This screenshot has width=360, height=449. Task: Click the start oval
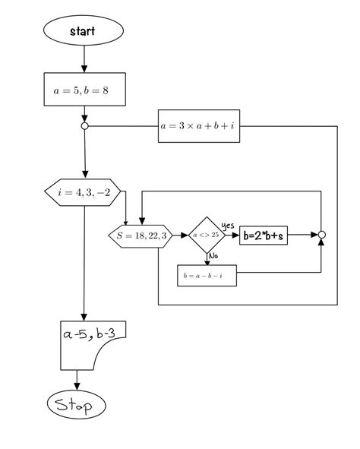84,31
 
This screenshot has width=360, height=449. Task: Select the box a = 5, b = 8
84,89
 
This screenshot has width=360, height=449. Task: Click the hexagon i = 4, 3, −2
84,192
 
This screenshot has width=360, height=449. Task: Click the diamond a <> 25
204,236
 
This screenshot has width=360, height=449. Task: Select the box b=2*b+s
264,236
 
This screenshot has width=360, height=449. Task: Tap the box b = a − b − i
207,276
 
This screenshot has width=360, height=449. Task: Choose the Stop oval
76,406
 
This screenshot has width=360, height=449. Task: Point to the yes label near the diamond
227,226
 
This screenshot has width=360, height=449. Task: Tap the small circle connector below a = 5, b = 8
84,126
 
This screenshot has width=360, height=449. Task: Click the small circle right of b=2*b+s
321,236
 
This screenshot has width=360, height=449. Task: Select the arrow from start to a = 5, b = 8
84,59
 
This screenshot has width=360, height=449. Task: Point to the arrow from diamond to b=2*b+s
229,236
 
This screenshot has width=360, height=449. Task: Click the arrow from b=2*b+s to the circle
304,236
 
